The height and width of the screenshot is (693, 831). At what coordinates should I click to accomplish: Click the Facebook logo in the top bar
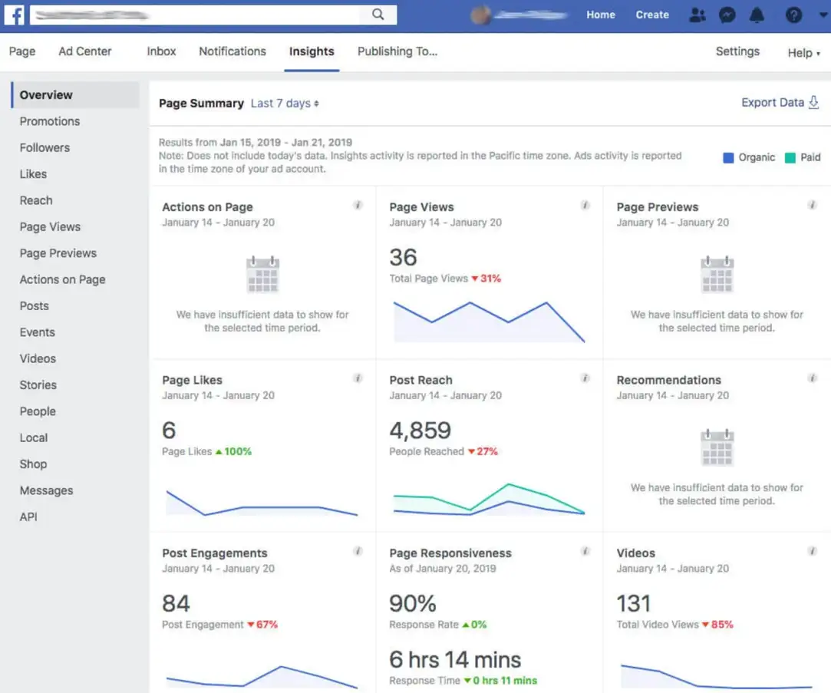pos(15,15)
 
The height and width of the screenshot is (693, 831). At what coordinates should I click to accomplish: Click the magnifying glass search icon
pos(378,15)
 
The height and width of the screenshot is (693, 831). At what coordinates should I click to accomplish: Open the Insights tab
pos(312,51)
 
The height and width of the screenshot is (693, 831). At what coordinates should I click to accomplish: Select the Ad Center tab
pos(85,51)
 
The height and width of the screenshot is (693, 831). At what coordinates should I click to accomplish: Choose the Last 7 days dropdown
pos(285,104)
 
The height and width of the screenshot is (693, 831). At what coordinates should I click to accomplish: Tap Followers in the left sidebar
pos(45,147)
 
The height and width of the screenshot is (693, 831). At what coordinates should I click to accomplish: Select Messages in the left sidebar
pos(46,490)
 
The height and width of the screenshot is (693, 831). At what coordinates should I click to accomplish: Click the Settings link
pos(737,51)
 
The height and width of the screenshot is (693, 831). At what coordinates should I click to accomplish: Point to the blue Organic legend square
pos(728,157)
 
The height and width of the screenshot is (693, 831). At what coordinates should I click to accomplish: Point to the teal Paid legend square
pos(790,157)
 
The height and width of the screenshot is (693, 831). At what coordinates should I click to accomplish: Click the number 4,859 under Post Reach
pos(420,430)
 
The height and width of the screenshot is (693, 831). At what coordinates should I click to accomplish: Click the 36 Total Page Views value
pos(404,257)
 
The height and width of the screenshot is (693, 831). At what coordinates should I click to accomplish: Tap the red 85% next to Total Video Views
pos(721,625)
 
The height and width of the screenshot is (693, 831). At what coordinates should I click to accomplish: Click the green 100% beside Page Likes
pos(237,451)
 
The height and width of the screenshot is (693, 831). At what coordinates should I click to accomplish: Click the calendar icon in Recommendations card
pos(717,447)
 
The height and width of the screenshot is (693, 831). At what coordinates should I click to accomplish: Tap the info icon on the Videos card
pos(812,551)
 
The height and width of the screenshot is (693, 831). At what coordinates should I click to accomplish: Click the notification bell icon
pos(757,15)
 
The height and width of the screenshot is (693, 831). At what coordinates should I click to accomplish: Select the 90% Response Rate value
pos(413,603)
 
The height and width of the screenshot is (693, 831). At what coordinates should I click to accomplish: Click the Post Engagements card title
pos(215,553)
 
